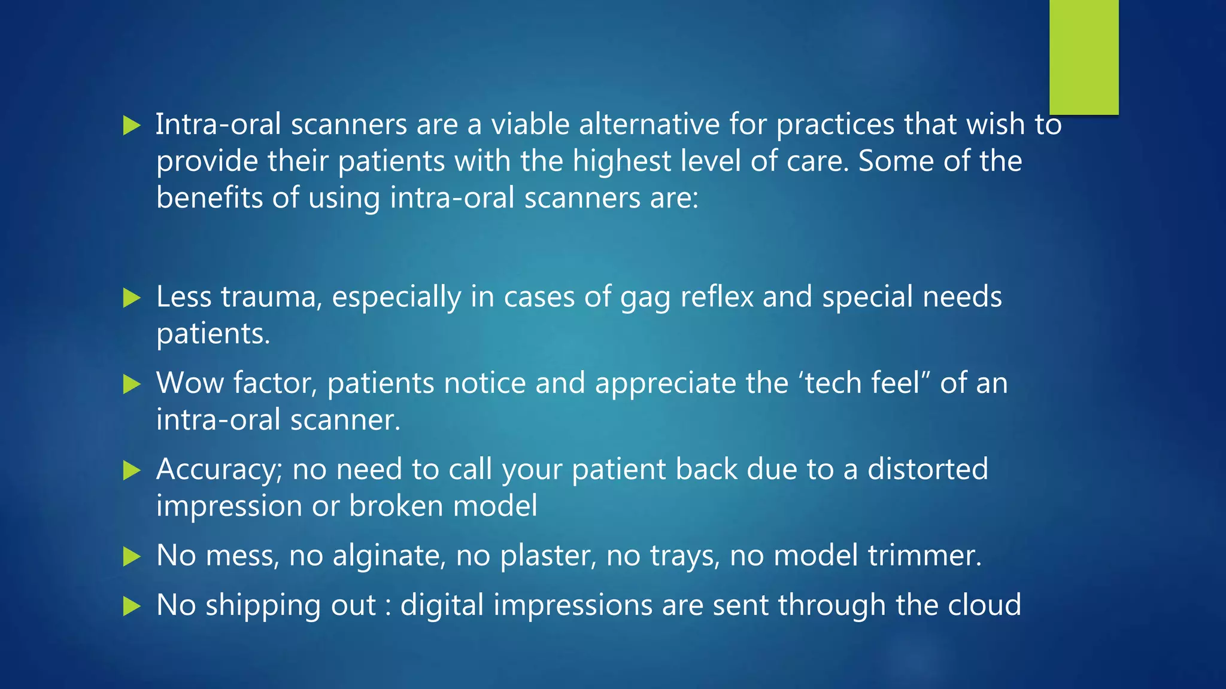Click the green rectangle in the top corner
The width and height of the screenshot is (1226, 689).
[x=1084, y=57]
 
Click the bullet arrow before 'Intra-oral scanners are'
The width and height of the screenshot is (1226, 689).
[x=131, y=126]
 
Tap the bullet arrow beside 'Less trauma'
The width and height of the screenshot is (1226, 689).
[x=131, y=298]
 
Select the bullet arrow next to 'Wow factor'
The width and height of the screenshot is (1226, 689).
[x=131, y=384]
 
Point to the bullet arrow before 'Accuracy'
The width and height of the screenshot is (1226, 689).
[x=131, y=470]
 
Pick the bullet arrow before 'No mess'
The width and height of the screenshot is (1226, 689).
[x=131, y=557]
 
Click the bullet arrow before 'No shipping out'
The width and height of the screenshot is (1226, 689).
[x=131, y=606]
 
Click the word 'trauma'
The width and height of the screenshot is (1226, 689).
[x=272, y=297]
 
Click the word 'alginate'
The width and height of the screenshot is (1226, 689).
[x=389, y=556]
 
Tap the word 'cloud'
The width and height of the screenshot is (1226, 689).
[x=984, y=605]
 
